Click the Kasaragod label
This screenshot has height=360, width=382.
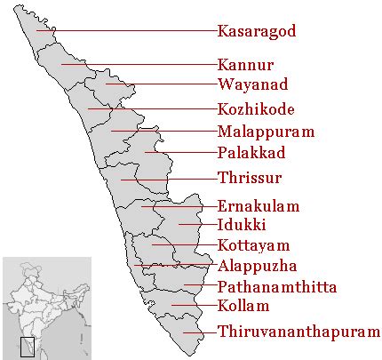tap(256, 31)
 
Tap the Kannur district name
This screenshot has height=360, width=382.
tap(245, 65)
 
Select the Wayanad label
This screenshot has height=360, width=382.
tap(252, 86)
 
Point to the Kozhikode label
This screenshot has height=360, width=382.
tap(255, 110)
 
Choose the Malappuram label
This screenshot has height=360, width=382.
tap(265, 132)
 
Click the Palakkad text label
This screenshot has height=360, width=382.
tap(253, 153)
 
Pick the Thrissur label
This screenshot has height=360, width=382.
tap(250, 177)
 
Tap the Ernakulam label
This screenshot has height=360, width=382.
tap(258, 205)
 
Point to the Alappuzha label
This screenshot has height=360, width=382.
tap(257, 265)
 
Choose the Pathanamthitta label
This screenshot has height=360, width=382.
tap(280, 286)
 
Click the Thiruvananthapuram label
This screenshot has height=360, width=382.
tap(298, 332)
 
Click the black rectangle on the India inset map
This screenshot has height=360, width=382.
tap(27, 347)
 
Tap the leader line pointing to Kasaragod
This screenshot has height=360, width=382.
tap(133, 31)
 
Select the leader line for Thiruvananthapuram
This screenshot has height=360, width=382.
tap(200, 333)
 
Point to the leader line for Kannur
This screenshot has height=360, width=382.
tap(142, 64)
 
